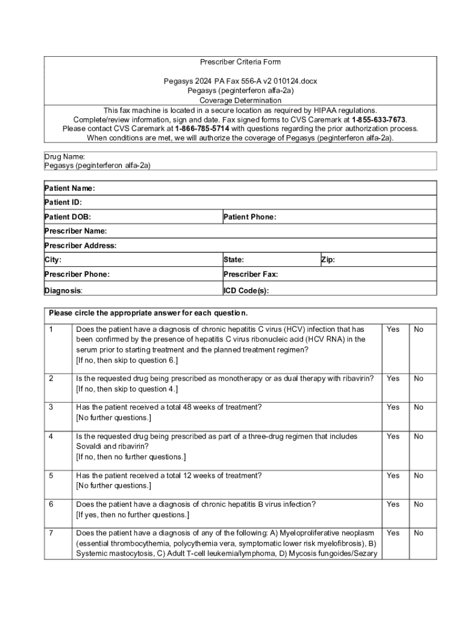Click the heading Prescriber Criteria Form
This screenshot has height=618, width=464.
point(240,62)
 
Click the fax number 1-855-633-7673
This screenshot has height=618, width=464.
point(378,119)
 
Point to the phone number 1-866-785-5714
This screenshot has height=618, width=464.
point(202,129)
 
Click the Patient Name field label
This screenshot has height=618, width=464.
point(69,188)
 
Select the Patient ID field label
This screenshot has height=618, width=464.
point(63,203)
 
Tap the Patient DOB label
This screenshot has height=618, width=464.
point(67,217)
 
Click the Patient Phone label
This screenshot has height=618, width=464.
point(249,217)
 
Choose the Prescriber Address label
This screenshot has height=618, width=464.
point(80,246)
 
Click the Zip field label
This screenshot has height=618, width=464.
point(328,260)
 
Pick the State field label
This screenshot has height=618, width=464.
point(233,260)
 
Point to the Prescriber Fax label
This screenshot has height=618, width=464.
point(250,275)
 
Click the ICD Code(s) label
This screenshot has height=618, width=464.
point(246,290)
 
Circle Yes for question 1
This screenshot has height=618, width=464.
point(393,330)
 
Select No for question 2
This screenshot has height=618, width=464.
point(419,378)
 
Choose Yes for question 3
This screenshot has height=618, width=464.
point(393,407)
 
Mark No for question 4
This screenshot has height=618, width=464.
point(419,436)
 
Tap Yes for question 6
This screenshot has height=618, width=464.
point(393,505)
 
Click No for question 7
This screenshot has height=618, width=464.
point(419,534)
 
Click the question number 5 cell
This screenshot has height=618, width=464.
point(52,476)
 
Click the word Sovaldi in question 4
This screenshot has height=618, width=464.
point(89,447)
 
